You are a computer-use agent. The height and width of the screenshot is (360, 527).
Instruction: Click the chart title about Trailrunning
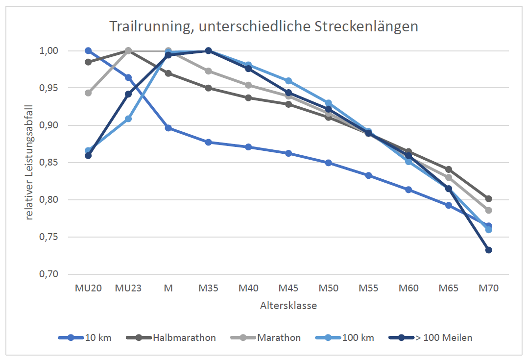point(263,26)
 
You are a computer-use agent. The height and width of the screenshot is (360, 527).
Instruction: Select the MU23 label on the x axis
point(128,288)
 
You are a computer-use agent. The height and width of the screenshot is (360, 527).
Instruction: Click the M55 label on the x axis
point(368,288)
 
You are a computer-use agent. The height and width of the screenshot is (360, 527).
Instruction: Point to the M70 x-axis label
point(488,288)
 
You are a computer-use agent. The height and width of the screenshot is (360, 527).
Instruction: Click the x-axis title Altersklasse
point(288,306)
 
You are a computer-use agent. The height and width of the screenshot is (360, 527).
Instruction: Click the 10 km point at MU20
point(88,50)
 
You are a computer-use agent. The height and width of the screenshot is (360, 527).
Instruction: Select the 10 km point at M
point(168,128)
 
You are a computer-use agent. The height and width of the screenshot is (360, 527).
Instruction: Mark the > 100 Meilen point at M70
point(488,250)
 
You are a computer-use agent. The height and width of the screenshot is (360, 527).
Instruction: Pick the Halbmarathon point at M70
point(488,199)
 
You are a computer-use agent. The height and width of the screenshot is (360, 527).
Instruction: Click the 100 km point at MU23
point(128,119)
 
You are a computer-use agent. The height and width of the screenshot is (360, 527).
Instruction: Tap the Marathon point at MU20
point(88,93)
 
